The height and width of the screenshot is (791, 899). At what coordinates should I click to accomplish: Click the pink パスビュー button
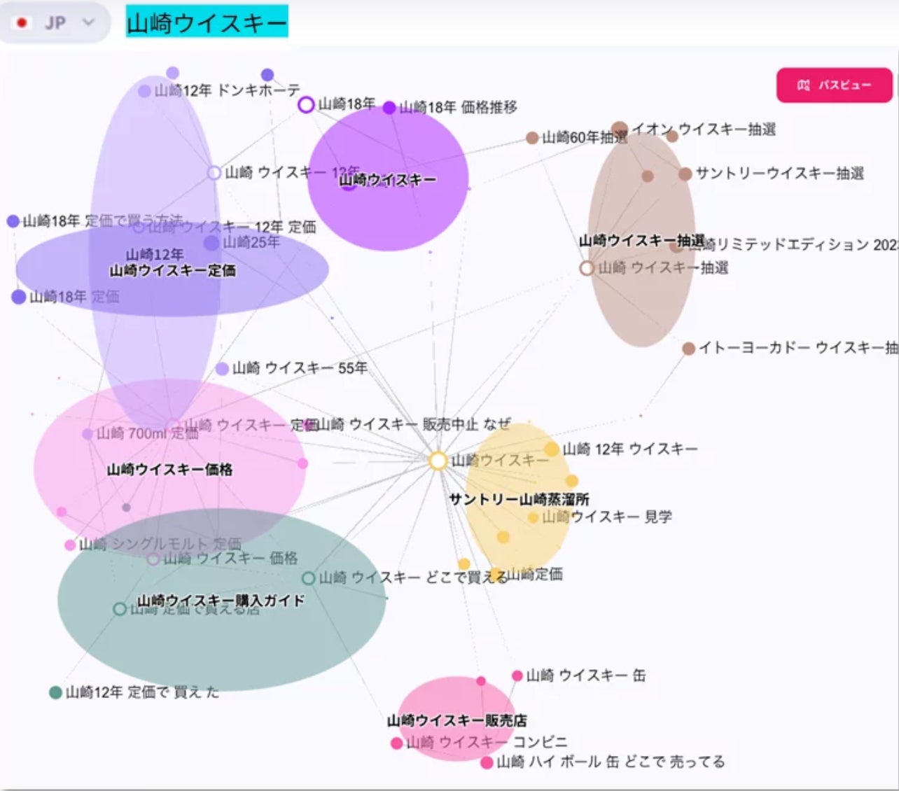834,85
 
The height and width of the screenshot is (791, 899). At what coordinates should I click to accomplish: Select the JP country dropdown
55,22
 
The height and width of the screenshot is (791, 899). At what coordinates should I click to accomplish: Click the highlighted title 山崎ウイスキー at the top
207,23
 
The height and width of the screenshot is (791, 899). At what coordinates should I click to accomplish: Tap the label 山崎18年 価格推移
458,107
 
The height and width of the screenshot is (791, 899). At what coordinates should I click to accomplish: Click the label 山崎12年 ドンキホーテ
227,90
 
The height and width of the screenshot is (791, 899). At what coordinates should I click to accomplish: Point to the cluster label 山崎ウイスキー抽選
641,241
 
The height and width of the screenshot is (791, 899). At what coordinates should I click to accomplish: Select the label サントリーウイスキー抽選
779,174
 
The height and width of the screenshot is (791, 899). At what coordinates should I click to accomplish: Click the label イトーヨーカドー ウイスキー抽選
797,347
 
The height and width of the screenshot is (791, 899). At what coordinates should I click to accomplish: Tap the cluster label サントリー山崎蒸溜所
519,499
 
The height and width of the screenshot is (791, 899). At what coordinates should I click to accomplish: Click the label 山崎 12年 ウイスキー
629,449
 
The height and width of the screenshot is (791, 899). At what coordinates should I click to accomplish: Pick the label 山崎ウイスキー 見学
606,517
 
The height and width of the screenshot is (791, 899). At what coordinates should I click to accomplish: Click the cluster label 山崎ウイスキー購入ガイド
221,601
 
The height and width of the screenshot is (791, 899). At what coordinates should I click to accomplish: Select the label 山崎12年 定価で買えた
142,692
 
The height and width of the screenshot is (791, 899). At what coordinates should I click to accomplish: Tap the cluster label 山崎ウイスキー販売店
457,720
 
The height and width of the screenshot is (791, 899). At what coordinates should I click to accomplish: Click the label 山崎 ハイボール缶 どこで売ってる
611,762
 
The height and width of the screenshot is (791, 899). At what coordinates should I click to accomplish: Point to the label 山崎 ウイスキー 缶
585,675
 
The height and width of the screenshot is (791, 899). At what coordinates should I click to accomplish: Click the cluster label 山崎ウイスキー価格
169,470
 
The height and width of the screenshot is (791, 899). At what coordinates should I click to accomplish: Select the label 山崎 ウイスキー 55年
299,368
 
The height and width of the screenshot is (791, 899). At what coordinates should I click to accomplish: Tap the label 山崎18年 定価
74,297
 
